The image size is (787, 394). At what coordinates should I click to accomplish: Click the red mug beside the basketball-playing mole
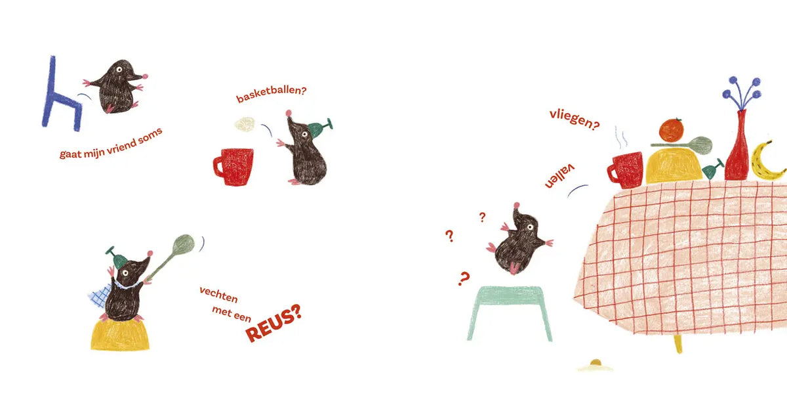pyautogui.click(x=233, y=167)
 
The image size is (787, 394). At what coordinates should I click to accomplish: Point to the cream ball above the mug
pyautogui.click(x=245, y=124)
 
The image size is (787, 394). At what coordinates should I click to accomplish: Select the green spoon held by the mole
pyautogui.click(x=171, y=257)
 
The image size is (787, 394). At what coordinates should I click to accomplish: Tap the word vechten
pyautogui.click(x=218, y=294)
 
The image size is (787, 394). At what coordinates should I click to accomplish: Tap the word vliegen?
pyautogui.click(x=575, y=120)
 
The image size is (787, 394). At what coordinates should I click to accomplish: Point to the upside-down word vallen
pyautogui.click(x=559, y=175)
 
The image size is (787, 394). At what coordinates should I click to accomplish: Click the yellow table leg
pyautogui.click(x=677, y=343)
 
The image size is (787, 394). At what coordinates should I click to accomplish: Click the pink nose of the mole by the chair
pyautogui.click(x=145, y=76)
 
